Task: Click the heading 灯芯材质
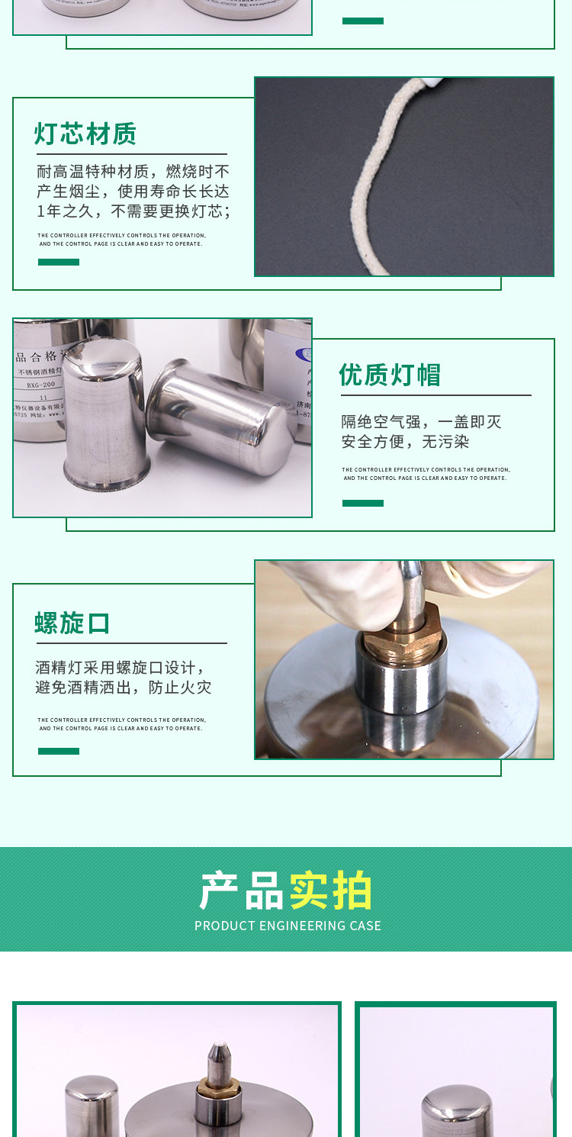click(x=85, y=134)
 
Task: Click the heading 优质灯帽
click(x=390, y=375)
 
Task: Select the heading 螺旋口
click(x=73, y=623)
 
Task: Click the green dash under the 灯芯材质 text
click(x=59, y=263)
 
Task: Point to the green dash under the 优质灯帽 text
click(x=363, y=504)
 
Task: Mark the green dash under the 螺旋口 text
click(x=59, y=752)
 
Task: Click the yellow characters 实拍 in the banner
click(x=331, y=891)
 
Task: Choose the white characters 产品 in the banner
click(x=242, y=891)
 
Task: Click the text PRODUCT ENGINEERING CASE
click(x=288, y=926)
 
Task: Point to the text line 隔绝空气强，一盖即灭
click(x=421, y=422)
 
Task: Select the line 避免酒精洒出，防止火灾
click(x=124, y=688)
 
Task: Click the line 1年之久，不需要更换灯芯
click(x=133, y=211)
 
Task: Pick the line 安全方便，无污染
click(x=405, y=442)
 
